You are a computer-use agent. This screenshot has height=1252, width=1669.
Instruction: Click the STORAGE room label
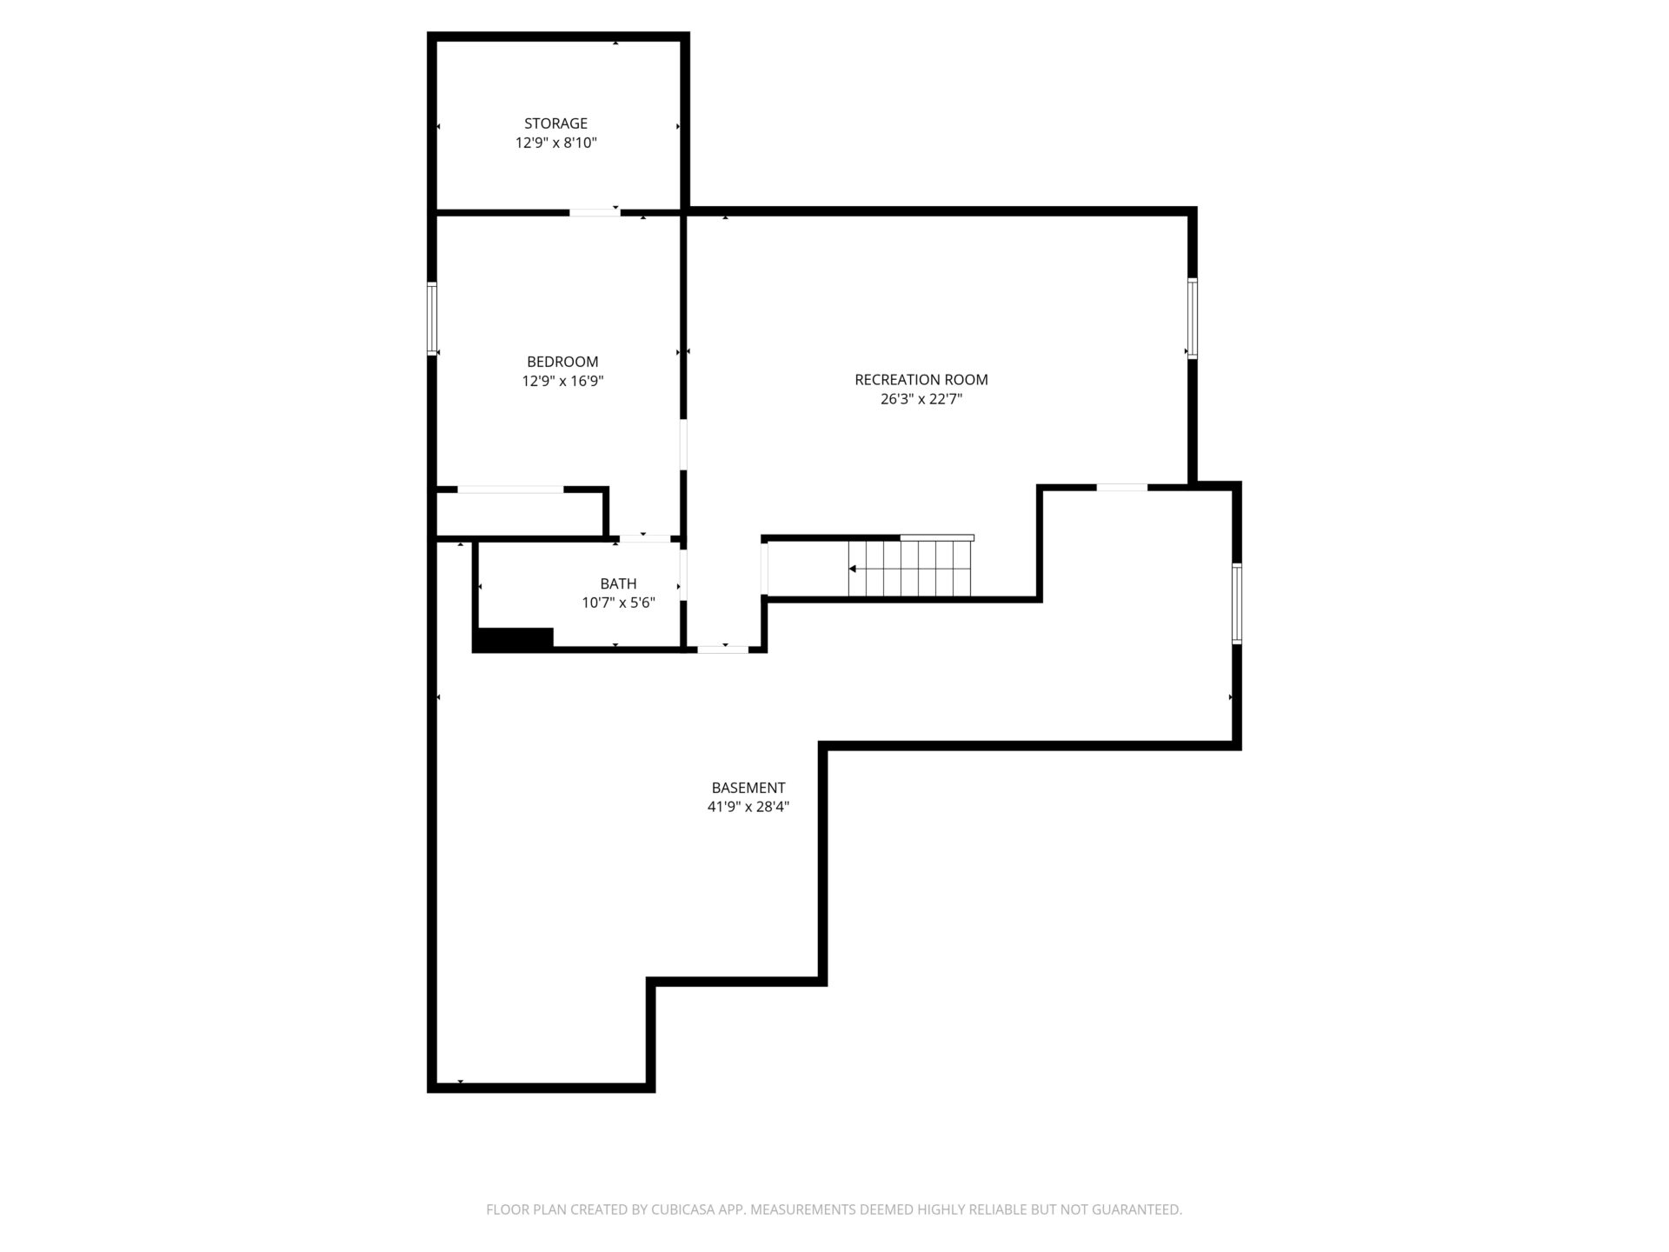tap(555, 123)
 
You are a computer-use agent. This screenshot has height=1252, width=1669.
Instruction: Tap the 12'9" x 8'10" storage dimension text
tap(556, 143)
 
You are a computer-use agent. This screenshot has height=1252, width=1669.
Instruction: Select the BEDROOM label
tap(562, 362)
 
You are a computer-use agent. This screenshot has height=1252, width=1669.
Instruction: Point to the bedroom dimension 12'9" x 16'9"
tap(562, 381)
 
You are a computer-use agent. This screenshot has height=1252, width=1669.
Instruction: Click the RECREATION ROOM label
tap(921, 380)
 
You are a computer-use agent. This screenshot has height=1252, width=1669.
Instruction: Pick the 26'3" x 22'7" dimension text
tap(921, 400)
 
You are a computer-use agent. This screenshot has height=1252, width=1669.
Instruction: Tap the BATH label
tap(618, 584)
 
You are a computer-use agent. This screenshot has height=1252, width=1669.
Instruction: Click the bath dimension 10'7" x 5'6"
tap(618, 603)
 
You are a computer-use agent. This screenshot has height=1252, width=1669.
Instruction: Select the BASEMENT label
tap(748, 789)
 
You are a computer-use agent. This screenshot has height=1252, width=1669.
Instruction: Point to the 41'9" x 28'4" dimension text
tap(748, 808)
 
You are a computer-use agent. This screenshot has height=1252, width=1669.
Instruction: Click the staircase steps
tap(910, 569)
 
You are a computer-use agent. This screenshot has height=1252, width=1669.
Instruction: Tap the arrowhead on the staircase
tap(853, 569)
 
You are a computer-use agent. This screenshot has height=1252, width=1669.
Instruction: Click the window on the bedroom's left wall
tap(432, 319)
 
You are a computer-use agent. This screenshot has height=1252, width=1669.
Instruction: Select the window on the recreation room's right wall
tap(1193, 318)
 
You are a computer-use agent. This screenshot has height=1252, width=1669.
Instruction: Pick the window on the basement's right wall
tap(1236, 603)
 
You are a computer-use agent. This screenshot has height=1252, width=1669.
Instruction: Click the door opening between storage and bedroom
tap(595, 211)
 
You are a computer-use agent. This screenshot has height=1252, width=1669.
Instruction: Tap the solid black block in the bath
tap(513, 639)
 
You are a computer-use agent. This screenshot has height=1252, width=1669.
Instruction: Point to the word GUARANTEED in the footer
tap(1137, 1209)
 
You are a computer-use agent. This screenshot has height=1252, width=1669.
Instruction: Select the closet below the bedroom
tap(520, 514)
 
